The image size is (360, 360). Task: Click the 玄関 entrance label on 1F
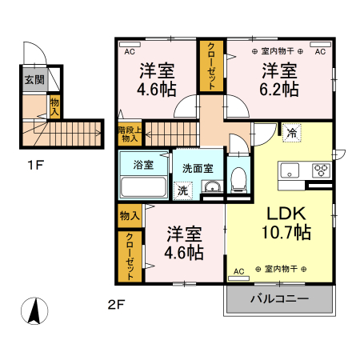click(34, 79)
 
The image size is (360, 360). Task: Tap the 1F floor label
click(34, 168)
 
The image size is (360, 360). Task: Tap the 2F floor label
click(118, 304)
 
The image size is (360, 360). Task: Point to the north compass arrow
click(34, 310)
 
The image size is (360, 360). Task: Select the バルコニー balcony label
click(279, 299)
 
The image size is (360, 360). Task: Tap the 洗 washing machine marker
click(182, 190)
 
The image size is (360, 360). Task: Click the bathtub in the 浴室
click(143, 188)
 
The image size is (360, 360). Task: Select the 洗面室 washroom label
click(198, 169)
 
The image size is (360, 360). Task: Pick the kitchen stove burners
click(321, 170)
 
